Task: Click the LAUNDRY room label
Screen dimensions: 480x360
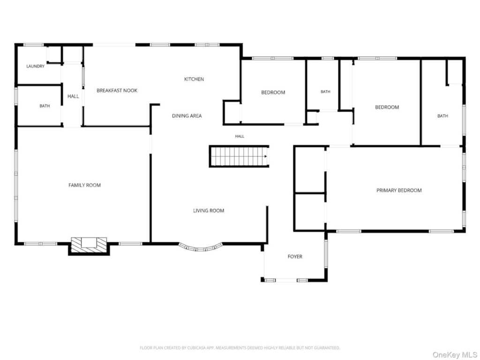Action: click(35, 66)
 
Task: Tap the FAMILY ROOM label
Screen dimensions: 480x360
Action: click(84, 185)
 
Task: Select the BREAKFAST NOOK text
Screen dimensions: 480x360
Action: click(117, 90)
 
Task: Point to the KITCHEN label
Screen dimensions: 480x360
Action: click(194, 79)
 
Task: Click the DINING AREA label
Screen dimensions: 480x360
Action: click(187, 116)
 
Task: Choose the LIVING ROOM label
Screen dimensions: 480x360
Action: click(209, 210)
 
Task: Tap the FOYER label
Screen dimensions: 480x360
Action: click(295, 256)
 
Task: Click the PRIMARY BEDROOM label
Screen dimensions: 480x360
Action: click(399, 190)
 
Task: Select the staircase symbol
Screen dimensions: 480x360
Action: click(239, 157)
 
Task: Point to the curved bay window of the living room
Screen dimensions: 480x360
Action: click(200, 248)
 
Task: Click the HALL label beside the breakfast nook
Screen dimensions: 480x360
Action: click(73, 97)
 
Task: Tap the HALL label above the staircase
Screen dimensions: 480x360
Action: click(240, 136)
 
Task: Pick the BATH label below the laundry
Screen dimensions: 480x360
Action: click(45, 106)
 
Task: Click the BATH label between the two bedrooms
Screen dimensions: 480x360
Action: click(325, 91)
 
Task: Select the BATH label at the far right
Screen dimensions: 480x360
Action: click(442, 116)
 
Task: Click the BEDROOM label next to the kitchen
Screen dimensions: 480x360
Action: click(273, 92)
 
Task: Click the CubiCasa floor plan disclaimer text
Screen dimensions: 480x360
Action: click(240, 348)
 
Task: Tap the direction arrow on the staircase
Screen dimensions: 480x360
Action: click(266, 157)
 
